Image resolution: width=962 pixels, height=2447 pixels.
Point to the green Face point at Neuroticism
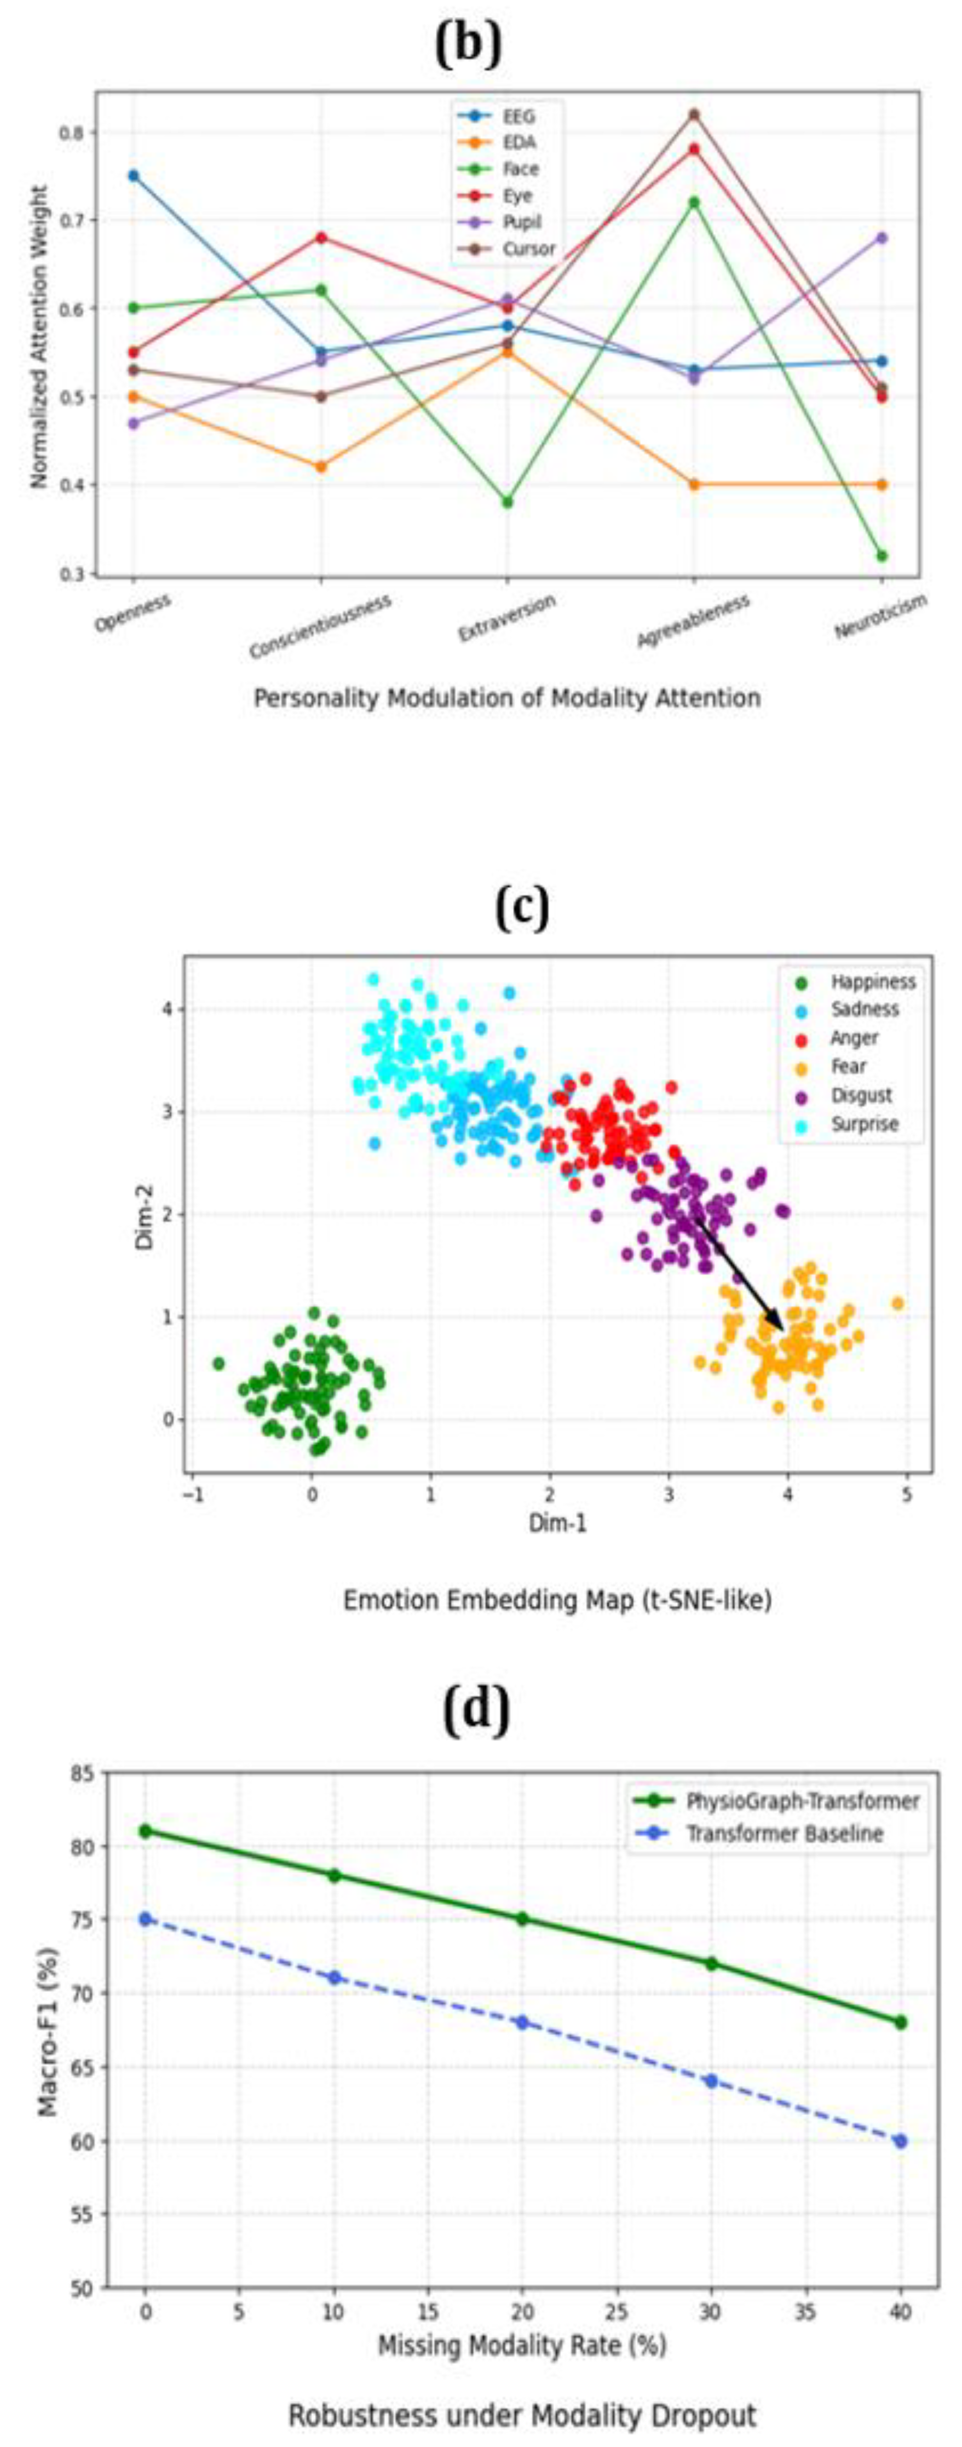tap(882, 556)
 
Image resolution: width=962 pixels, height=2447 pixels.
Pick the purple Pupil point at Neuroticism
tap(882, 238)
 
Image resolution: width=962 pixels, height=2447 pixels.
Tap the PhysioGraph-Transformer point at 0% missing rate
tap(145, 1830)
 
